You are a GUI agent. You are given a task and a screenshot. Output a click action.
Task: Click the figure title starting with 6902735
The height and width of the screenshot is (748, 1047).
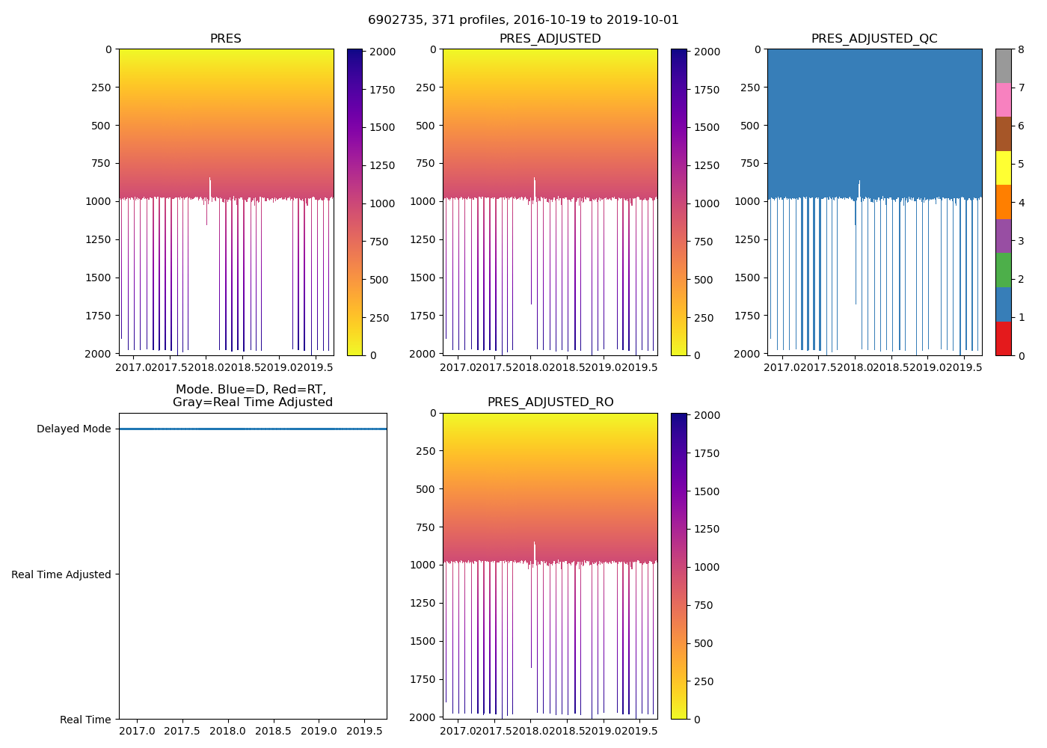(523, 20)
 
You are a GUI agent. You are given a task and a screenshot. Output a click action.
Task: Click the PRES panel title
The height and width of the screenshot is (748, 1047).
(225, 39)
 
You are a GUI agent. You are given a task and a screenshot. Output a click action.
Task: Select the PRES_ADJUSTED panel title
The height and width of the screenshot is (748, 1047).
(550, 39)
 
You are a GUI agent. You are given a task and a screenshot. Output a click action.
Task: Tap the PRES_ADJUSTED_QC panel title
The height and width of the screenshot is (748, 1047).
(874, 39)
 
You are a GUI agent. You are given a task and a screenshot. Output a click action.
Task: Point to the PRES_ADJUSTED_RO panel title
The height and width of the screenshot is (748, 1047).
(550, 402)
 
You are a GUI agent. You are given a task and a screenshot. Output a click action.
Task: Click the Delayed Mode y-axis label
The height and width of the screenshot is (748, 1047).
(73, 429)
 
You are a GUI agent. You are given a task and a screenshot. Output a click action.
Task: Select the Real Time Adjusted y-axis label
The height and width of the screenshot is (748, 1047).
(61, 574)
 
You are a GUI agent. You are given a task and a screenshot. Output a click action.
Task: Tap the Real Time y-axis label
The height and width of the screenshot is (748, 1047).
(85, 720)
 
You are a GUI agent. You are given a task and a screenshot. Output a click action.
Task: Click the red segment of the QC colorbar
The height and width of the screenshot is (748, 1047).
(1003, 338)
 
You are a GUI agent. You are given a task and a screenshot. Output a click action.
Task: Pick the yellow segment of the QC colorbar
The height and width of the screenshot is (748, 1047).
(1003, 168)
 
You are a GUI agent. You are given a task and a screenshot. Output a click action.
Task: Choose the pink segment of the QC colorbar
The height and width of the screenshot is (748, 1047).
(1003, 99)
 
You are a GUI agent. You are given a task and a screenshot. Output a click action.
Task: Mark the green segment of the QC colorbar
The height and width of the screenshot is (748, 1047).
(1003, 270)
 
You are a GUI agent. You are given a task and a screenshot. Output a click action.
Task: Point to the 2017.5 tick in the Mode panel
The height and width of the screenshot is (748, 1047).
(182, 731)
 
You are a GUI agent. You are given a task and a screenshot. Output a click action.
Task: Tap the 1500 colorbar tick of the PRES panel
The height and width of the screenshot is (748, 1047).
(382, 128)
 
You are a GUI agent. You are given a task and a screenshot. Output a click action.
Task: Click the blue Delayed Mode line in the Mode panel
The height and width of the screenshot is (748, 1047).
(253, 429)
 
